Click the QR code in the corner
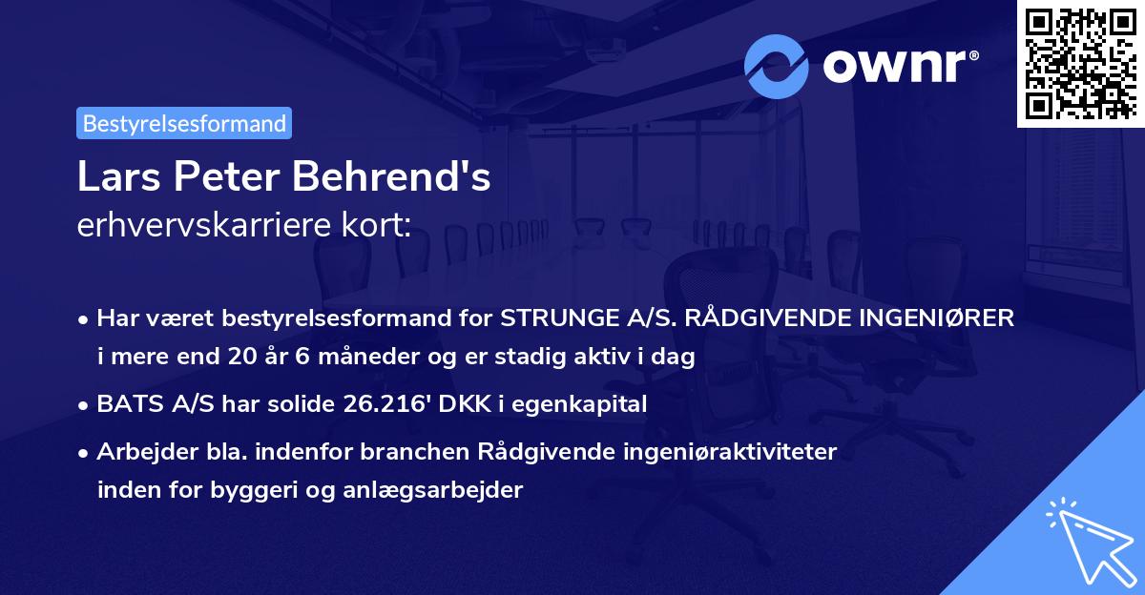(1080, 64)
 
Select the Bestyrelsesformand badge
(184, 123)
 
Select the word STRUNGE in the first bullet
(547, 318)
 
